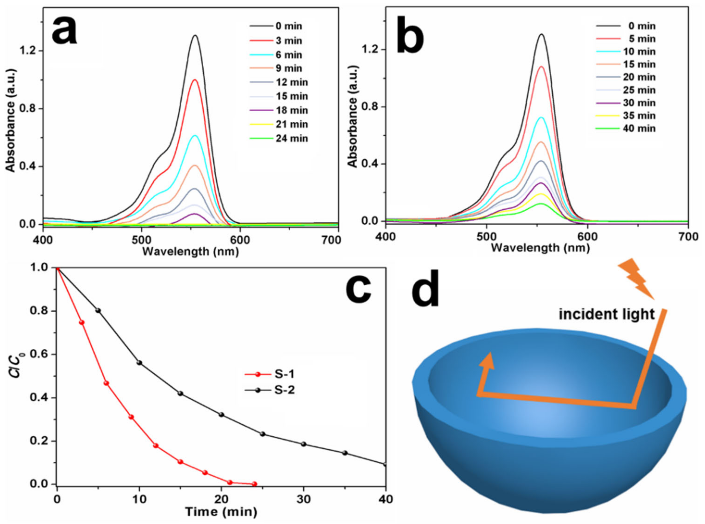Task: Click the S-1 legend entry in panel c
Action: [270, 374]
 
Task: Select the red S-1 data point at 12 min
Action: [156, 446]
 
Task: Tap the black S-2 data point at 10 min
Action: [139, 363]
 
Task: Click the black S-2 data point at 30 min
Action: [304, 444]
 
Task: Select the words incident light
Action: [606, 314]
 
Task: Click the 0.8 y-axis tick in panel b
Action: [369, 107]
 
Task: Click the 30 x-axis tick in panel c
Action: [304, 500]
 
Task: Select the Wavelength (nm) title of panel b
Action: [540, 248]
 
